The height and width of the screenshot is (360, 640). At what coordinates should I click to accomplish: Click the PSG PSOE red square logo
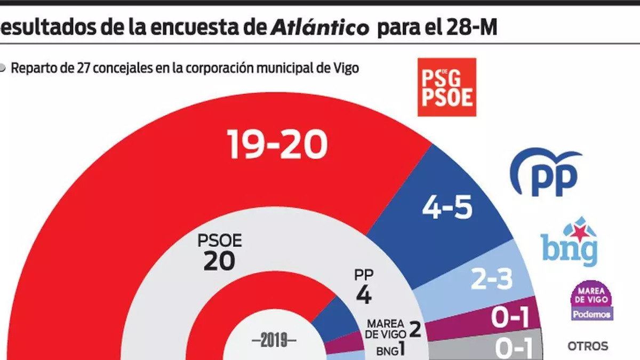click(x=446, y=87)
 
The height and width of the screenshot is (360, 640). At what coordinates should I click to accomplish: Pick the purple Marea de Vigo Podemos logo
click(x=591, y=301)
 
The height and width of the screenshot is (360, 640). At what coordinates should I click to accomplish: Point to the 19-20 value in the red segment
click(x=277, y=145)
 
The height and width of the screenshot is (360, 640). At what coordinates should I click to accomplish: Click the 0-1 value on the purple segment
click(x=509, y=319)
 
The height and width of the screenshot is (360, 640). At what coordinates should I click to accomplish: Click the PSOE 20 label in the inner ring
click(x=219, y=252)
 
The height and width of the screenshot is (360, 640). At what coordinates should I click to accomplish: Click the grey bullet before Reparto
click(x=3, y=68)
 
